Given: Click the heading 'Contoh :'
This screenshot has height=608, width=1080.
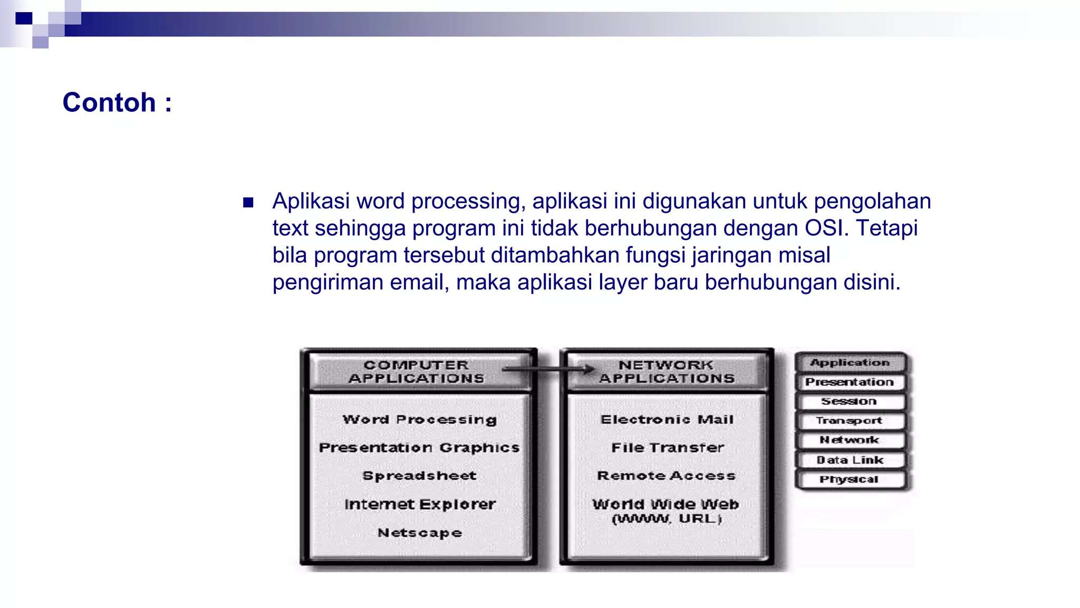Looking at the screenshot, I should (117, 102).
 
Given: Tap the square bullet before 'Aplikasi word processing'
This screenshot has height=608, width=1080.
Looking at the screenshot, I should (248, 203).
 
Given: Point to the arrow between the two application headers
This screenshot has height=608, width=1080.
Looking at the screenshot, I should (548, 369).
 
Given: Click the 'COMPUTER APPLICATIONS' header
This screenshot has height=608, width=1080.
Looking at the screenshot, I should (416, 372).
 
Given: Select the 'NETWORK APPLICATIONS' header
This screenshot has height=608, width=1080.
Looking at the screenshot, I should (667, 372).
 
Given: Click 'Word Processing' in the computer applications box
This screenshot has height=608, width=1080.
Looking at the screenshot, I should (420, 420).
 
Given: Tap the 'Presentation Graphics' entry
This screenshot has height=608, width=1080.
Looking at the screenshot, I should (420, 448).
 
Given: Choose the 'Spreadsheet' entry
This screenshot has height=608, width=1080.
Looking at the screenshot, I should (420, 476).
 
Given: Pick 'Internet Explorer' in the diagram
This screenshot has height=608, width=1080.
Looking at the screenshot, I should (420, 504).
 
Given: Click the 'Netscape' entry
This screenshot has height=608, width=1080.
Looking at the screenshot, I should (420, 533).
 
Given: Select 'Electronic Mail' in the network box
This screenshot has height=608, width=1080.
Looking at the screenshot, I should (667, 420).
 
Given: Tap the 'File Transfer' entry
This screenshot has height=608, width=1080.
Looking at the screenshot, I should (667, 448).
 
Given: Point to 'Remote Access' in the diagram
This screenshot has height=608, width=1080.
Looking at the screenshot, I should (667, 476).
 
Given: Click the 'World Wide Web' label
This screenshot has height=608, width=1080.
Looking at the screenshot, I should (666, 505).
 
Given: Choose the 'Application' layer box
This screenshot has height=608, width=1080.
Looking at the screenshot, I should (850, 363).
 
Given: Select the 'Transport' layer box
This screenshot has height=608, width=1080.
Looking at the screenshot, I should (850, 421).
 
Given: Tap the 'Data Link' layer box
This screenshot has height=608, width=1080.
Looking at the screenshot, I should (850, 460).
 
